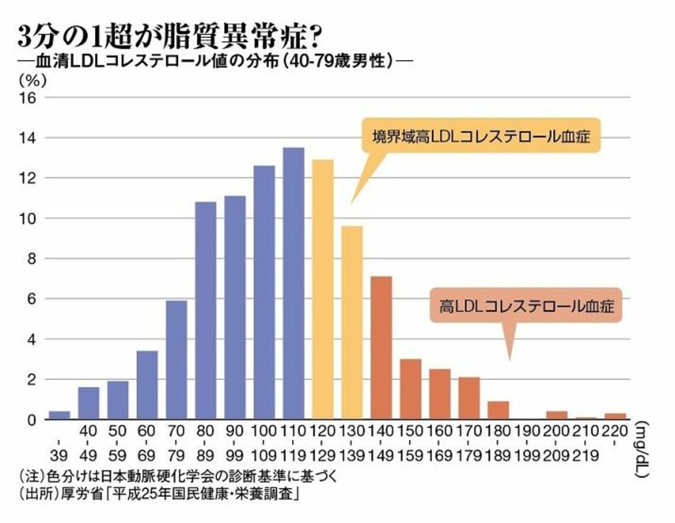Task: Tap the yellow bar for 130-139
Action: tap(352, 323)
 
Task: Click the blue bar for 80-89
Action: tap(205, 310)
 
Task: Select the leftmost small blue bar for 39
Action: tap(59, 415)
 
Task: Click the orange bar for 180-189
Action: tap(498, 410)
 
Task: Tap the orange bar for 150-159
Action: tap(410, 389)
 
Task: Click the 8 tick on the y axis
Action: tap(32, 259)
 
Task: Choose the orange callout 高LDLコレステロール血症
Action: tap(526, 306)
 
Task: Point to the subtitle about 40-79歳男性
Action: tap(216, 62)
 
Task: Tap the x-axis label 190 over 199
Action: tap(527, 445)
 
